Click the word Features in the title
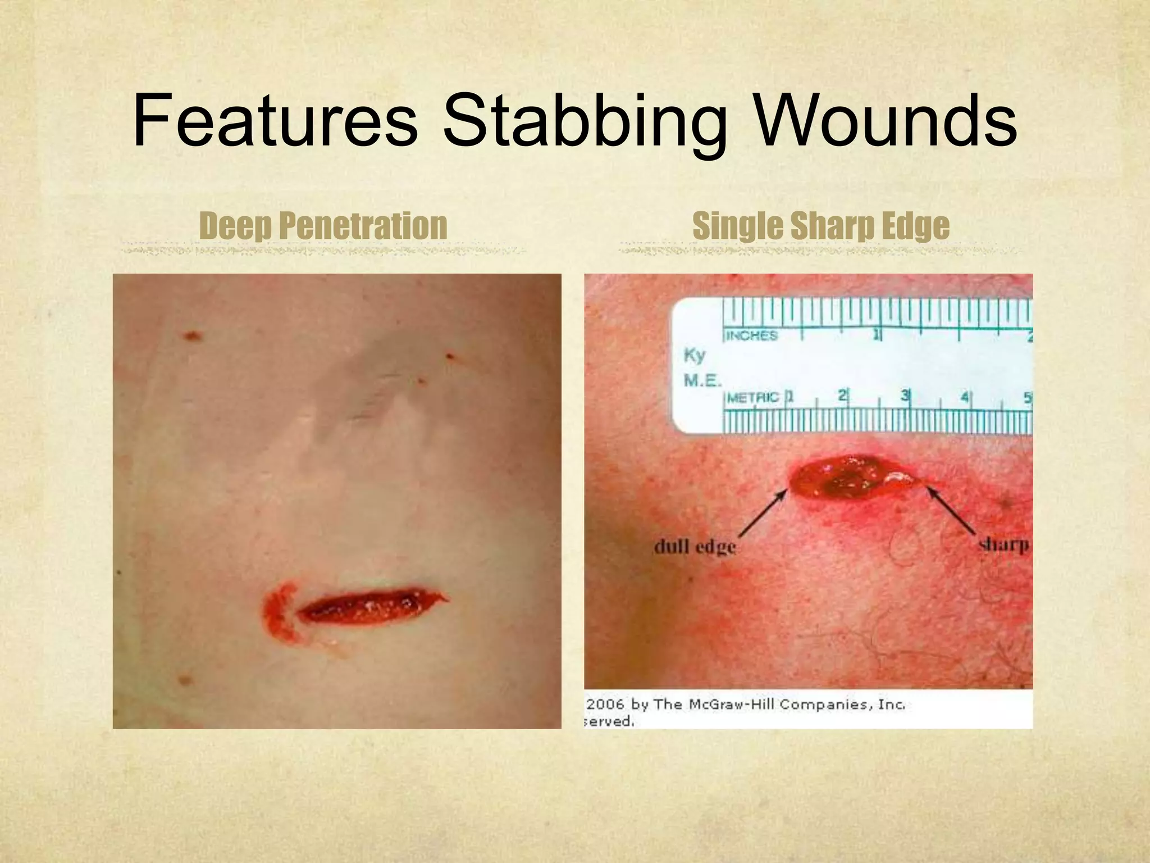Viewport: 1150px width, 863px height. tap(275, 121)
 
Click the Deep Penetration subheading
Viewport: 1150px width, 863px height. tap(323, 226)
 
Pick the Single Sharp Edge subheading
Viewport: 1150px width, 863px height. tap(821, 226)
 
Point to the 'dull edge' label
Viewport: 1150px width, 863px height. tap(695, 546)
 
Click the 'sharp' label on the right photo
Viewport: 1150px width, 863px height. tap(1003, 544)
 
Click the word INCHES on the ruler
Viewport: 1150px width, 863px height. tap(751, 336)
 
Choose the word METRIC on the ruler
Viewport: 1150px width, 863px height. tap(752, 398)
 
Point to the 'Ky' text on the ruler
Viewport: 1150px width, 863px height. tap(695, 355)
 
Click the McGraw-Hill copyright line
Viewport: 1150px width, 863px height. tap(746, 705)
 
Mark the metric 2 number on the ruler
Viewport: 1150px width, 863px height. tap(842, 396)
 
